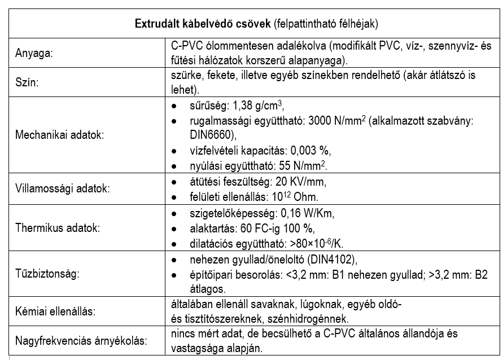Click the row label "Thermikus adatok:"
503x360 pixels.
[x=50, y=229]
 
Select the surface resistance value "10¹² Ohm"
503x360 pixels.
[x=299, y=197]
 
